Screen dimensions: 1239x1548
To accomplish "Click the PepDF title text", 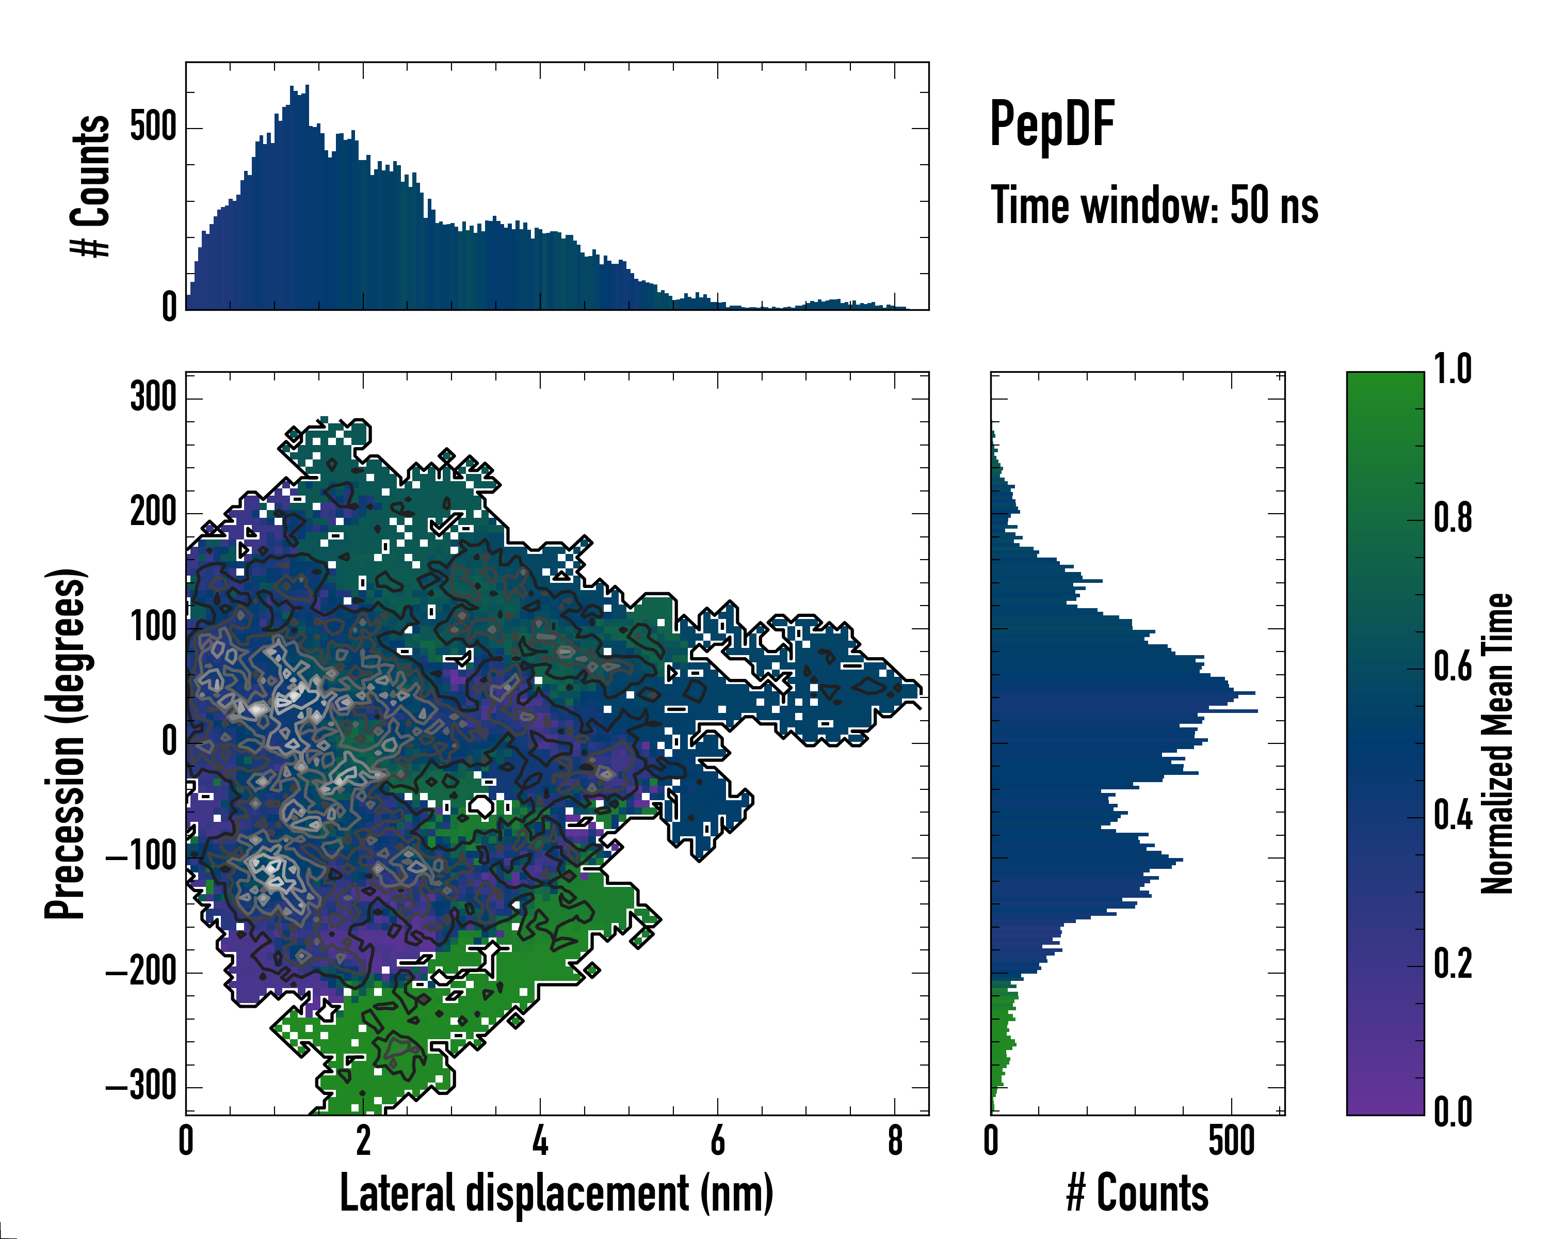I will [1052, 123].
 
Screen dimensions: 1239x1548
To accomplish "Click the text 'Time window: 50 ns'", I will [1154, 205].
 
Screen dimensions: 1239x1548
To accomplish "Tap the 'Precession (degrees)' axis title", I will [66, 743].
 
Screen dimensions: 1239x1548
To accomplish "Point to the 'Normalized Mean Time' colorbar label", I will [1497, 743].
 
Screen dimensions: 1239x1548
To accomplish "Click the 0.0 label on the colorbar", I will [1453, 1112].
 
